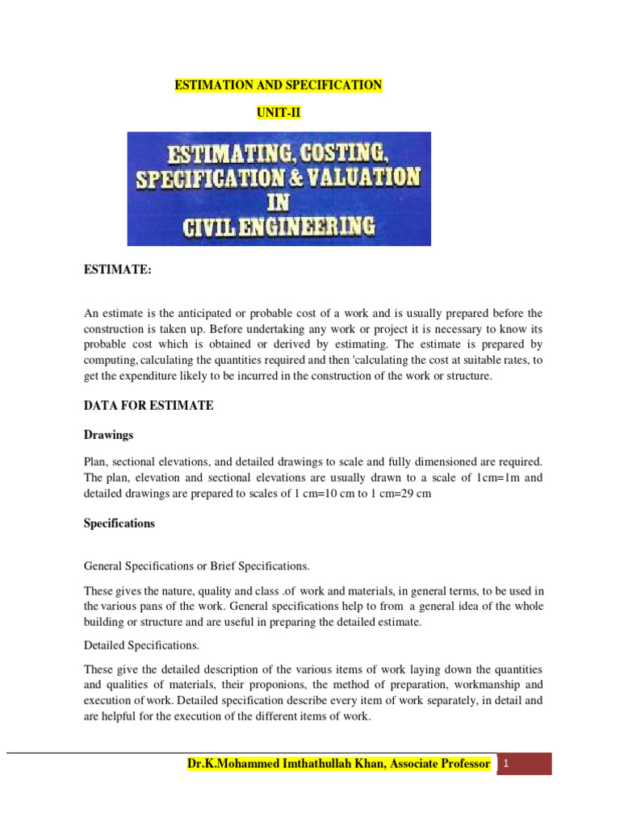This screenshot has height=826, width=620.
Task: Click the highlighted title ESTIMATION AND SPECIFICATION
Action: [279, 86]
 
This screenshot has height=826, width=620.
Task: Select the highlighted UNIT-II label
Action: [279, 114]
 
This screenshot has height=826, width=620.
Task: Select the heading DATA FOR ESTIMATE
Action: [149, 406]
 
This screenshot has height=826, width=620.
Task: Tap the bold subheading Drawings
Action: [108, 435]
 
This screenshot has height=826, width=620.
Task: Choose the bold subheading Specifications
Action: [119, 523]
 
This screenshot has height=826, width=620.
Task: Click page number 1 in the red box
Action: [505, 763]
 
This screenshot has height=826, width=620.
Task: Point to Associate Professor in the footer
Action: [439, 763]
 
